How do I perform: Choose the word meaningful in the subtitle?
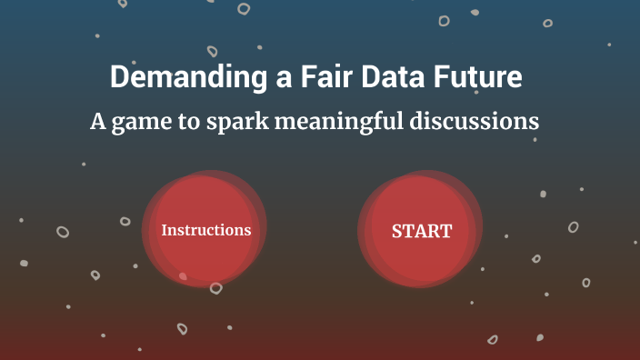pos(345,123)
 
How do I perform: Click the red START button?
pos(421,231)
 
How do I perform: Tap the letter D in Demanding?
pos(119,77)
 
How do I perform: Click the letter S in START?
pos(397,231)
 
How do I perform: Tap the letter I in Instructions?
pos(165,230)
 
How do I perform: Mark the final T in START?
pos(446,231)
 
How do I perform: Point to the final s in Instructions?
pos(247,231)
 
